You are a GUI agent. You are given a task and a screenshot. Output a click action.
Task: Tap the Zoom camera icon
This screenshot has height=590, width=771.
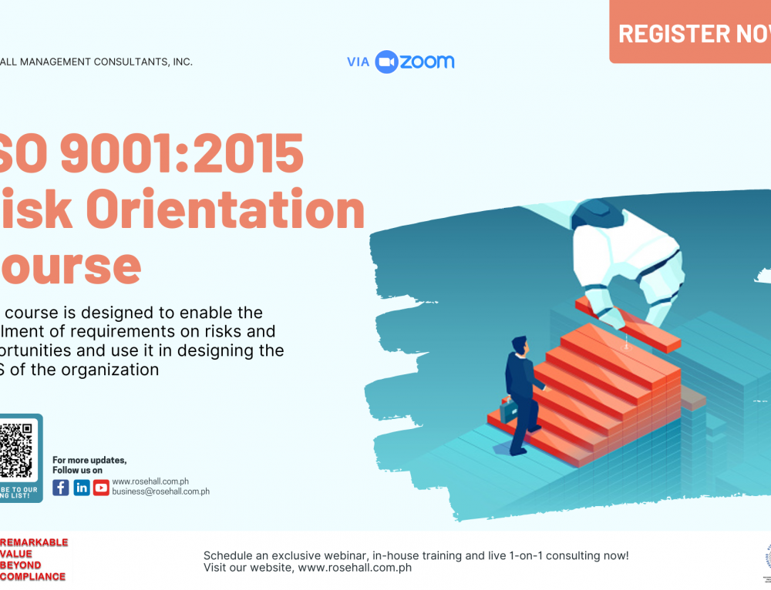coord(385,62)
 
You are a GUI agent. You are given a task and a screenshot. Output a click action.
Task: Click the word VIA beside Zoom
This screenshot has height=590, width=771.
coord(359,62)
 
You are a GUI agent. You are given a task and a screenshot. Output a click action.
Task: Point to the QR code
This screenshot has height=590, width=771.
coord(15,450)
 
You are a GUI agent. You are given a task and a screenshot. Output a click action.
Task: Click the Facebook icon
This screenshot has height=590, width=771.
coord(61,488)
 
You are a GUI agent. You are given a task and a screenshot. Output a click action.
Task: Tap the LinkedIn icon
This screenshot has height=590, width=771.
coord(81,488)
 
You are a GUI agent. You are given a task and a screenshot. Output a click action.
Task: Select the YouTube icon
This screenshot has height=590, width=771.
coord(101,488)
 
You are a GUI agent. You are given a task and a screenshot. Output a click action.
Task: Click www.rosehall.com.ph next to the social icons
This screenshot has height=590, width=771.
coord(150,481)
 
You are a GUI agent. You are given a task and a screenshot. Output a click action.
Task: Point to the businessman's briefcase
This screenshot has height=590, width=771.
coord(509,410)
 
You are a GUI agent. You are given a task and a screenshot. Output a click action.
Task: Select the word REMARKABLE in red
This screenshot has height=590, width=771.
coord(34,542)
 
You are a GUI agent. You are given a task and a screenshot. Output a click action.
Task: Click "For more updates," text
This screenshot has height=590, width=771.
coord(89,461)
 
